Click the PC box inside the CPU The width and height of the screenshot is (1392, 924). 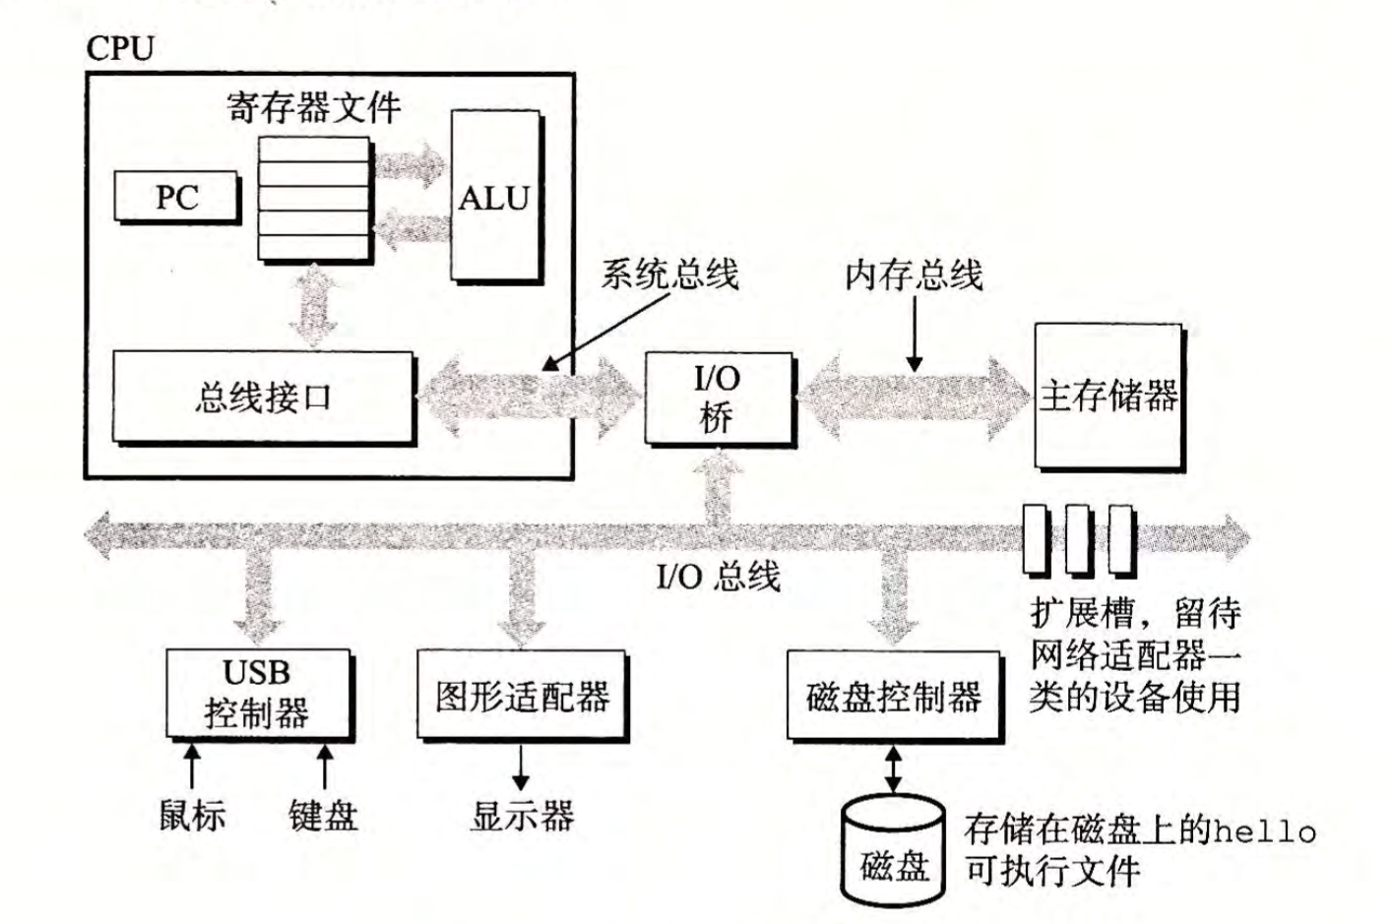[x=176, y=196]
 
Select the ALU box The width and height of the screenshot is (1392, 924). [x=496, y=197]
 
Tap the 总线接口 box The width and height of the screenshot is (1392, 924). [x=264, y=398]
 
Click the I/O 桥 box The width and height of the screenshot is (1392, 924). [x=719, y=399]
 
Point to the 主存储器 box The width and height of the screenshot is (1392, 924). [x=1109, y=397]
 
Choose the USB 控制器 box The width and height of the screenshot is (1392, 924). [x=259, y=694]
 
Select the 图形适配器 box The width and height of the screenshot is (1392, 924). [x=522, y=695]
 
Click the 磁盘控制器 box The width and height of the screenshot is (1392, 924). [x=894, y=696]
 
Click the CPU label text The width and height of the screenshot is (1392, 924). [x=120, y=48]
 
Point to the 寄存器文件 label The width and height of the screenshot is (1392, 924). [x=313, y=107]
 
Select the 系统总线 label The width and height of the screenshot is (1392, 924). [x=669, y=274]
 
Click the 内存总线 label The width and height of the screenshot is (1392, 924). [x=915, y=275]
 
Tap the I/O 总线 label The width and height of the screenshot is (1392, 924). [x=719, y=576]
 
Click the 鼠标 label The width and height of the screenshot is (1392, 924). [x=193, y=815]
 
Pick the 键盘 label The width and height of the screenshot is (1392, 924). [x=324, y=816]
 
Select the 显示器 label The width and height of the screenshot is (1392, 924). [x=522, y=816]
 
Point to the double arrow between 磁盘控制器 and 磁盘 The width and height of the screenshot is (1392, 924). [x=893, y=770]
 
